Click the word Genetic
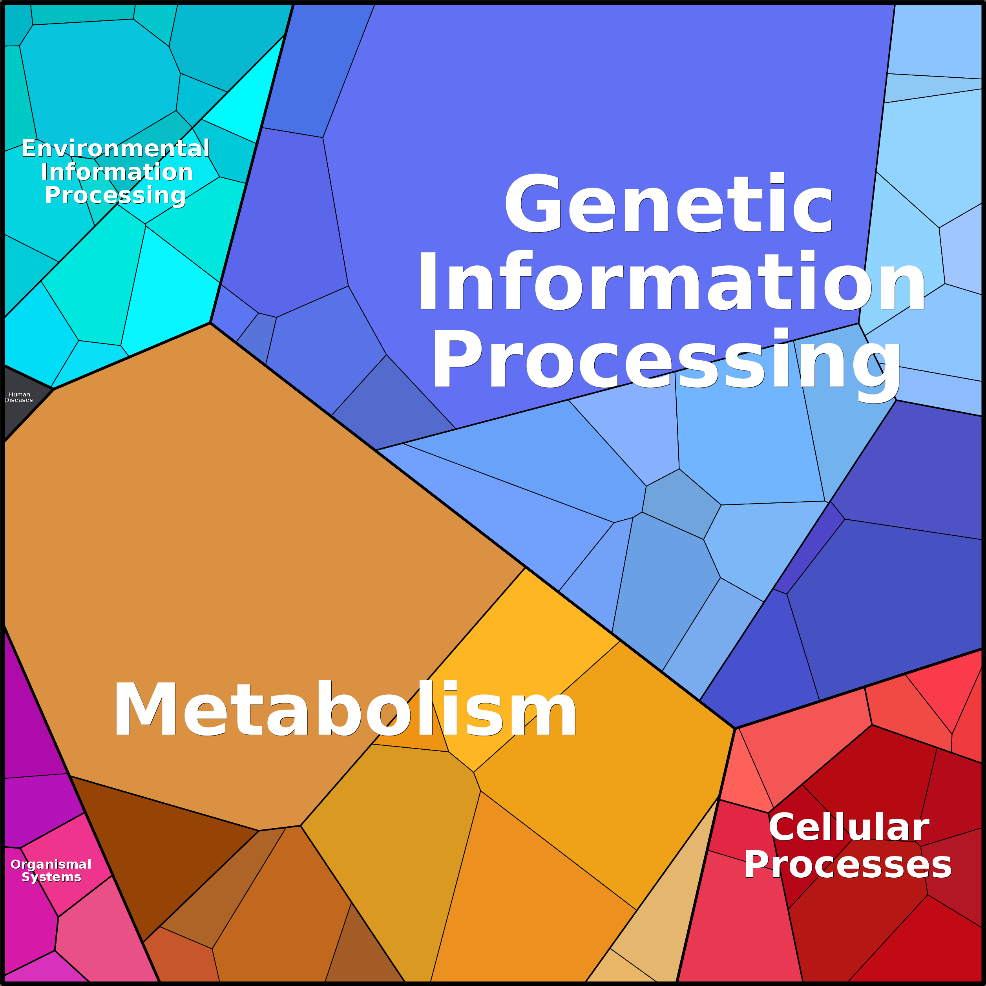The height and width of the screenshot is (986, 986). click(668, 204)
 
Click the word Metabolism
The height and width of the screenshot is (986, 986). click(345, 710)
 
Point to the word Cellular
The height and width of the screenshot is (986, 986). click(849, 827)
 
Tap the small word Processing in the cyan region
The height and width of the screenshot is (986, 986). click(115, 195)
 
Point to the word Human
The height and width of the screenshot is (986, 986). click(19, 394)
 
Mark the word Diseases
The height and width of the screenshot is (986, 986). click(19, 400)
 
